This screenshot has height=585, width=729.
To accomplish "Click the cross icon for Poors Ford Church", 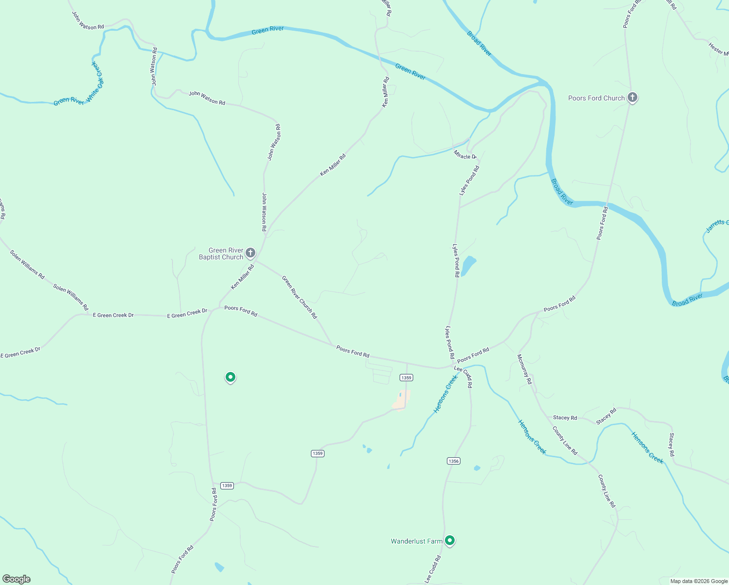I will click(x=632, y=98).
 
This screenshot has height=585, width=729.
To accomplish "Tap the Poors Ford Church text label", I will click(x=596, y=98).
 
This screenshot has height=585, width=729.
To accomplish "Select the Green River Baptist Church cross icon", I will click(x=250, y=253).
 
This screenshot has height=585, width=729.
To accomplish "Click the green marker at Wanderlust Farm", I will click(x=450, y=540).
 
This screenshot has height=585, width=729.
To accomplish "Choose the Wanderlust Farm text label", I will click(x=416, y=541).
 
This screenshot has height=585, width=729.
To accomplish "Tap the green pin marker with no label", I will click(x=230, y=377).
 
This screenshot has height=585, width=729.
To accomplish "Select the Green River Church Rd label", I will click(x=299, y=297).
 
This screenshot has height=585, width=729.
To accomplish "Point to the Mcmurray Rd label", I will click(x=524, y=369).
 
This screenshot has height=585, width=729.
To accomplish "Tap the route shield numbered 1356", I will click(x=453, y=461).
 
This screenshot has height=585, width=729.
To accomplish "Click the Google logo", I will click(x=17, y=579).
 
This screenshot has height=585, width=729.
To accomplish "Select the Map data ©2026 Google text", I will click(x=698, y=581).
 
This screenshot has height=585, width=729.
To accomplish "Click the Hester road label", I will click(x=718, y=49).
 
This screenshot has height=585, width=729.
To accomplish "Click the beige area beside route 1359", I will click(x=401, y=400).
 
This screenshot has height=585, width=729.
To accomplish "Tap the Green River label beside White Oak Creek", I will click(x=69, y=101).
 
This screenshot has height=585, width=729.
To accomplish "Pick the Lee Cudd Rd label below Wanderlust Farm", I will click(x=432, y=569).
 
